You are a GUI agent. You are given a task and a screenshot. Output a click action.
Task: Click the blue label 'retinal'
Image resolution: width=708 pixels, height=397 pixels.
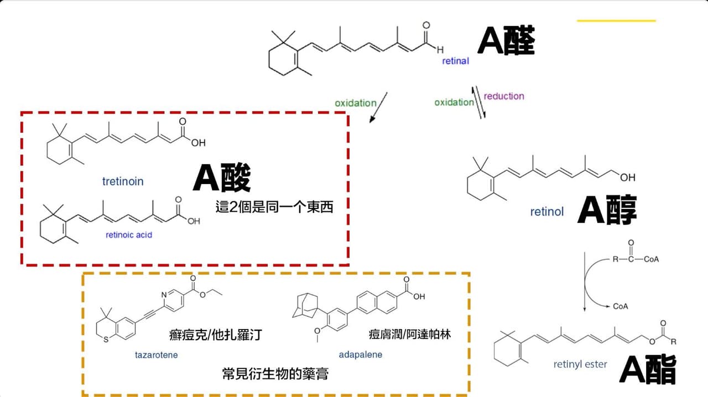[455, 61]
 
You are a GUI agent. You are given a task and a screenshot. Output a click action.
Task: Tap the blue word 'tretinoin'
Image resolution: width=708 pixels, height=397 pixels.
[123, 181]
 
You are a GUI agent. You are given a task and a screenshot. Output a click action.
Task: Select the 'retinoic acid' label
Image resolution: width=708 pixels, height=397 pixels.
[129, 235]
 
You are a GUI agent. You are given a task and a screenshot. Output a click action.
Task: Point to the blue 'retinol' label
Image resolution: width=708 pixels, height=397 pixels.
[547, 212]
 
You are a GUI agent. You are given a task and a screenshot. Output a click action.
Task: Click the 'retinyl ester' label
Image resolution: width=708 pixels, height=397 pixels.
[580, 364]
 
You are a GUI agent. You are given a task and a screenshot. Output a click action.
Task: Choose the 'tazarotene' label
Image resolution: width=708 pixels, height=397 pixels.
[157, 355]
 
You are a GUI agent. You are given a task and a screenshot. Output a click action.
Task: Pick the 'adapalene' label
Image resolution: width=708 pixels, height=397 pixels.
[360, 354]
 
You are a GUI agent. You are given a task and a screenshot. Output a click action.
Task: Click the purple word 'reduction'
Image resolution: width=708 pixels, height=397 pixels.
[504, 96]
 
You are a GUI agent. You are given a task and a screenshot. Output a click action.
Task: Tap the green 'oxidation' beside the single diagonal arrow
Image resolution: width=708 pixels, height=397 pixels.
[356, 103]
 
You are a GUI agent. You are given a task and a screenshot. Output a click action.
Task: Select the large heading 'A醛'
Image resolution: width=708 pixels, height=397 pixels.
[506, 41]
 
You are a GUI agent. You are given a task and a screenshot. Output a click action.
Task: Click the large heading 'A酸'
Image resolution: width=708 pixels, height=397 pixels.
[222, 177]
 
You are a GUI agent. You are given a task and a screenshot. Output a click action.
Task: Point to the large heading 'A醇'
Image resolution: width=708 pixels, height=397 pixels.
[607, 210]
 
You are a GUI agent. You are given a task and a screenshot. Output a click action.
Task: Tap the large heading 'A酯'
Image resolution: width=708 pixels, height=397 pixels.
[648, 369]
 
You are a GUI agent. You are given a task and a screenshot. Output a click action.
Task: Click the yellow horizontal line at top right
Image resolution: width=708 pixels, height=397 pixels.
[616, 21]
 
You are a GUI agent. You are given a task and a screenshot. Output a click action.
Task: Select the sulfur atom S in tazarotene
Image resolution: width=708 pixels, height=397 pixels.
[106, 339]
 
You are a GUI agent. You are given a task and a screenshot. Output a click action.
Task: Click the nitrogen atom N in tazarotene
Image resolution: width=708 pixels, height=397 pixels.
[164, 295]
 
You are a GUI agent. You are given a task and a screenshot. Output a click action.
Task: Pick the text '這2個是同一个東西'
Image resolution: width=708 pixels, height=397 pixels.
[274, 207]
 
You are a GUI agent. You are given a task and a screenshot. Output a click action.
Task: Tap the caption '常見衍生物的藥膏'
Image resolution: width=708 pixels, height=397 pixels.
[275, 374]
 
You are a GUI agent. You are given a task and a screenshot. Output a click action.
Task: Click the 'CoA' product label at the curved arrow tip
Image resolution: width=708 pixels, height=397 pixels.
[621, 306]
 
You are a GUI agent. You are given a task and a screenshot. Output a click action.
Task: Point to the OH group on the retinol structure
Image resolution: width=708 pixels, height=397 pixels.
[628, 177]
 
